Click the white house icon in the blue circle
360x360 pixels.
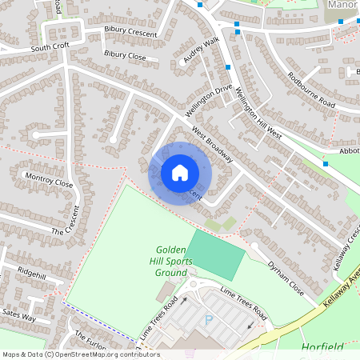coord(180,172)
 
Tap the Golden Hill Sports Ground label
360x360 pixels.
coord(170,261)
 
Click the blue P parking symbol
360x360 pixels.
coord(210,319)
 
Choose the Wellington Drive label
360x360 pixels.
coord(211,99)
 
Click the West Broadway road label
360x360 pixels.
coord(212,145)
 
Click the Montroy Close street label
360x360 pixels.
coord(49,178)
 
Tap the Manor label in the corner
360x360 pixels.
coord(342,5)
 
